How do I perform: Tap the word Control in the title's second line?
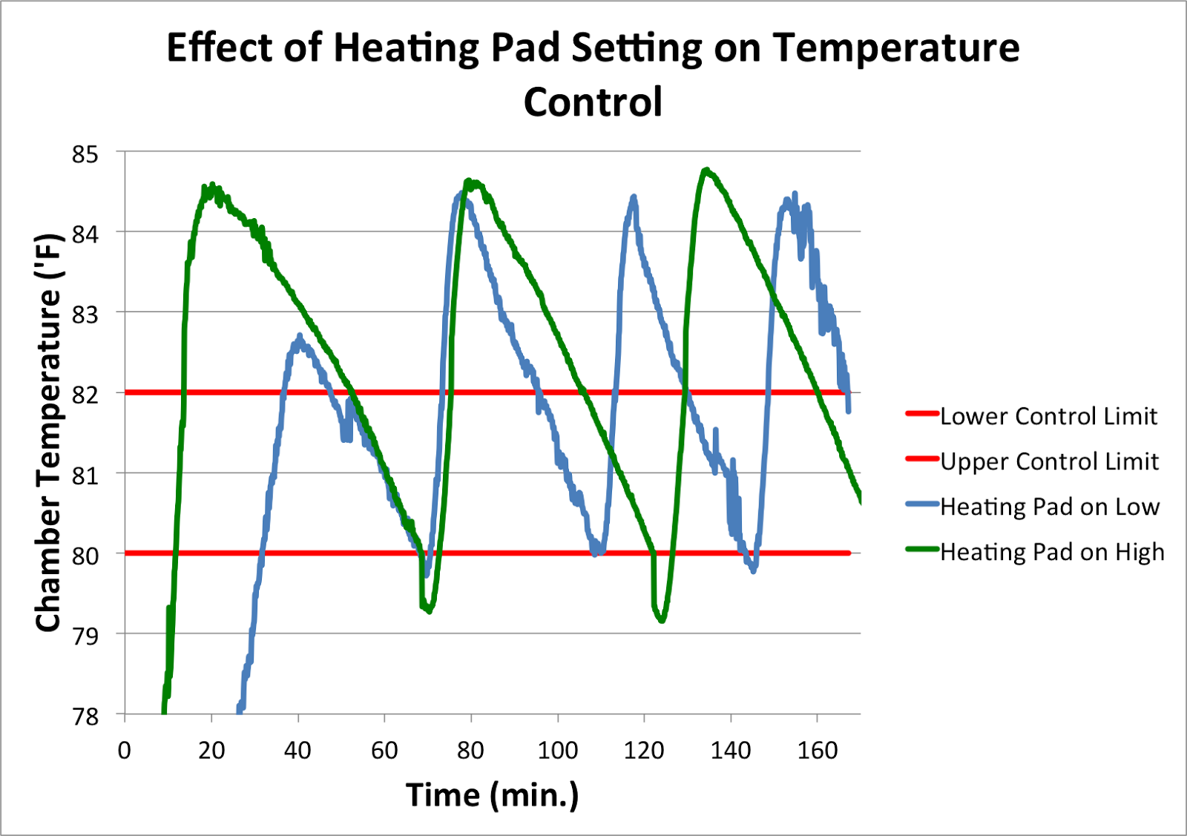(593, 102)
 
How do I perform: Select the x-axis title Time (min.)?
(492, 794)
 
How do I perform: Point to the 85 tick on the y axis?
(85, 154)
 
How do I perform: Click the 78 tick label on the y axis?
(85, 716)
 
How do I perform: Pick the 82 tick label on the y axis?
(85, 395)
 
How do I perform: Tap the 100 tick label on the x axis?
(557, 751)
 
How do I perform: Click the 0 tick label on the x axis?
(125, 751)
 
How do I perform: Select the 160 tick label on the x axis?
(817, 751)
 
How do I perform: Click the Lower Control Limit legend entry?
(1048, 416)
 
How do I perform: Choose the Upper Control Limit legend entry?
(1049, 461)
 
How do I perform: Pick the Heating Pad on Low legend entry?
(1049, 507)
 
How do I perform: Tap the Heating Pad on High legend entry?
(1052, 552)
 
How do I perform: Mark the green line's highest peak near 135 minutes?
(706, 171)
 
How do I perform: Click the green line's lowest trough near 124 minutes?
(662, 620)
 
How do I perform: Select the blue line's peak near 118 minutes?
(634, 197)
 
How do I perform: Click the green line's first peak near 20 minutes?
(212, 185)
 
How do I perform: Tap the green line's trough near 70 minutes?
(429, 610)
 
